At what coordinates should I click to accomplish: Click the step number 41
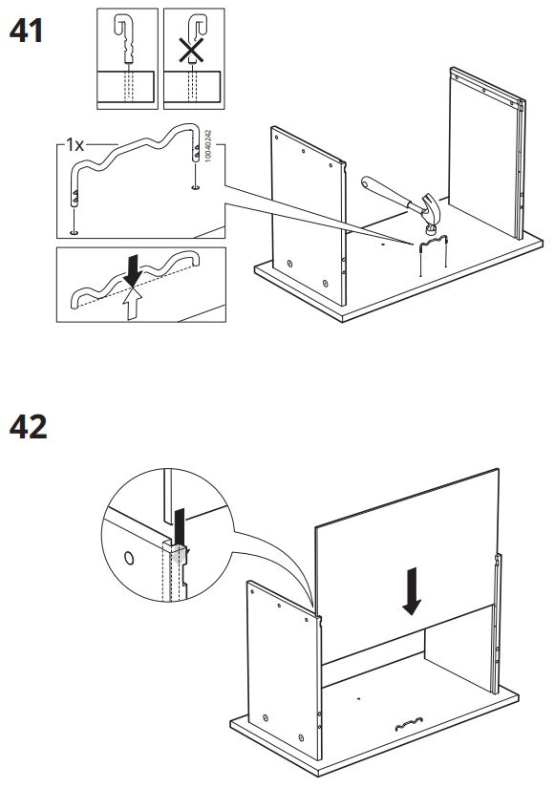tap(26, 31)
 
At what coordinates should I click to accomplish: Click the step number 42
tap(28, 427)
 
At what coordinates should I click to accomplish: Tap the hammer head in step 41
tap(431, 210)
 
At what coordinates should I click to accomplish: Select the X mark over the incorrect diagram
tap(192, 51)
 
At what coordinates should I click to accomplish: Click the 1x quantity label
tap(75, 145)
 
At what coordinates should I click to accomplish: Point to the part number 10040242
tap(208, 146)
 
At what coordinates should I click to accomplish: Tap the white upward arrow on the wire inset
tap(133, 303)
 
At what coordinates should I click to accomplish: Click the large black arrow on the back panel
tap(412, 591)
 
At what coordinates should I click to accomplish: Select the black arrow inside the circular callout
tap(180, 526)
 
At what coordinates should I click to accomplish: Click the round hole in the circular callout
tap(129, 558)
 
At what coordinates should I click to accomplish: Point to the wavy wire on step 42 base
tap(409, 724)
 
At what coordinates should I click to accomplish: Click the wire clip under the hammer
tap(432, 243)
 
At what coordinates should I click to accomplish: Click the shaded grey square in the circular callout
tap(179, 554)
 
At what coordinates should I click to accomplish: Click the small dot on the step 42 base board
tap(358, 698)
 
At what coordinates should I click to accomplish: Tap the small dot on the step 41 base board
tap(383, 245)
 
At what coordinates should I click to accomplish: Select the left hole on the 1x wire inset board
tap(75, 233)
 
